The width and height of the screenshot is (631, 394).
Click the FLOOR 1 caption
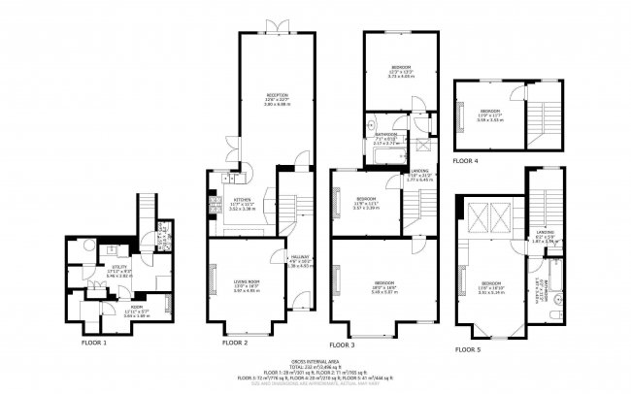coord(93,343)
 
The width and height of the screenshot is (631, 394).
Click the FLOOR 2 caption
coord(235,343)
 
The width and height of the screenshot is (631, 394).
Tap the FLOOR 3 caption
coord(343,345)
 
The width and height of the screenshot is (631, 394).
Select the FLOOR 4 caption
coord(467,159)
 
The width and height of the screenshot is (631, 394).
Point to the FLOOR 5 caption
coord(468,347)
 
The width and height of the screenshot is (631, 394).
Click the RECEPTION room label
coord(279,94)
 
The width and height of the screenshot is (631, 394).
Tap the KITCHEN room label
coord(241,199)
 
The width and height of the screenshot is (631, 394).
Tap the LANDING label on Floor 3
coord(419,170)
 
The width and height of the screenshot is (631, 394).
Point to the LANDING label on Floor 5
coord(545,231)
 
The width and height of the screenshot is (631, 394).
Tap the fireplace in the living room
coord(211,281)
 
